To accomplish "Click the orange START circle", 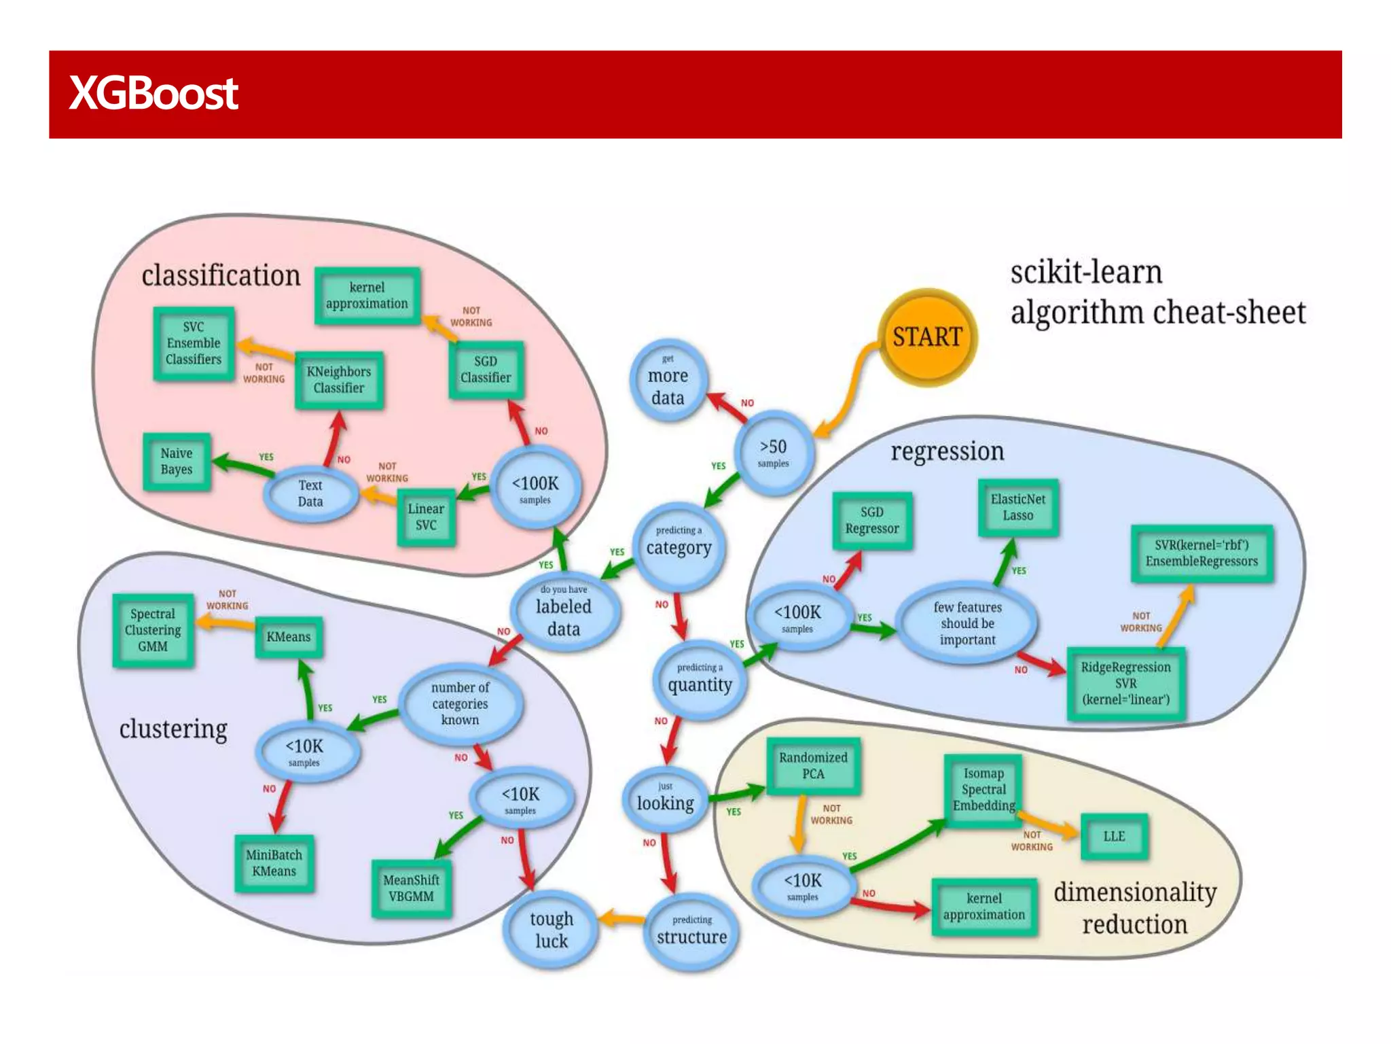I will click(x=927, y=337).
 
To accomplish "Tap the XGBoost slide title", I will click(x=153, y=93).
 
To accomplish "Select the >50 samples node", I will click(x=774, y=453).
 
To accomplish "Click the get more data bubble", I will click(x=668, y=381).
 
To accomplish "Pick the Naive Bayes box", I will click(x=177, y=462).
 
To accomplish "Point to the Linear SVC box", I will click(x=426, y=517).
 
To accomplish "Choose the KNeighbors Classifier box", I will click(x=339, y=380).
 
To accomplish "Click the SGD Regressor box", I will click(x=871, y=521).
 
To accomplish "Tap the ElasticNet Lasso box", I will click(x=1017, y=507).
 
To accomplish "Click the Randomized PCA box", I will click(x=813, y=766).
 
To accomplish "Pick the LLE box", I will click(x=1114, y=837).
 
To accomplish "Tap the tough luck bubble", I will click(x=551, y=930).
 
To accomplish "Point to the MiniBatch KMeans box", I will click(x=274, y=863).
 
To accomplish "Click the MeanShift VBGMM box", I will click(x=411, y=888).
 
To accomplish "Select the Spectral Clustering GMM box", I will click(x=153, y=630).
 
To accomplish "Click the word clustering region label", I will click(x=173, y=729).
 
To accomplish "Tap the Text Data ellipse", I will click(x=310, y=493).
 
